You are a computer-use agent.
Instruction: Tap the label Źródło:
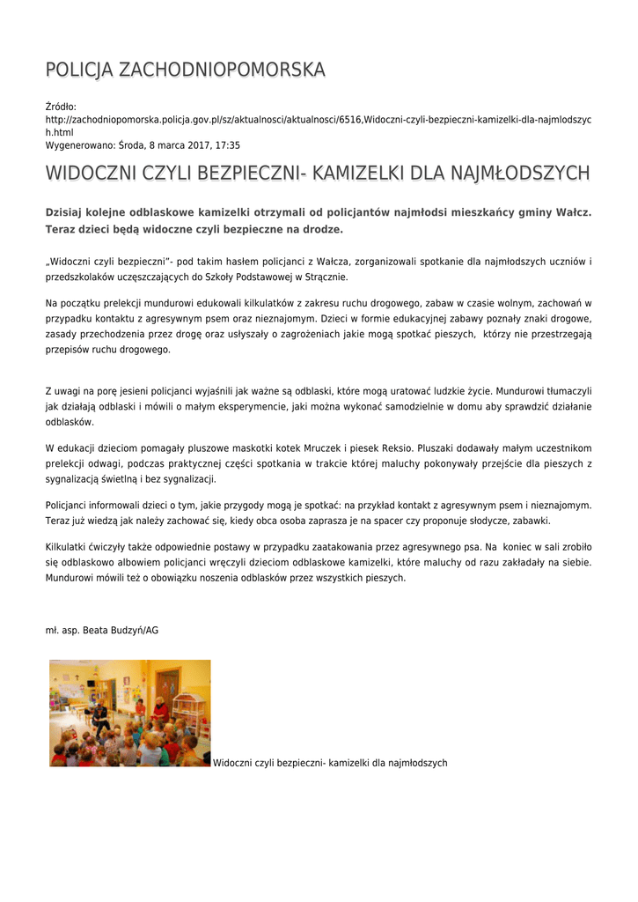62,107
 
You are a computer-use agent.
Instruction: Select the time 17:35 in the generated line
227,145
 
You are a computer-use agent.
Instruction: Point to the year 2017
195,145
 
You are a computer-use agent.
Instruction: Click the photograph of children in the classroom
130,713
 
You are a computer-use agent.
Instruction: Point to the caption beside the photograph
330,763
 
